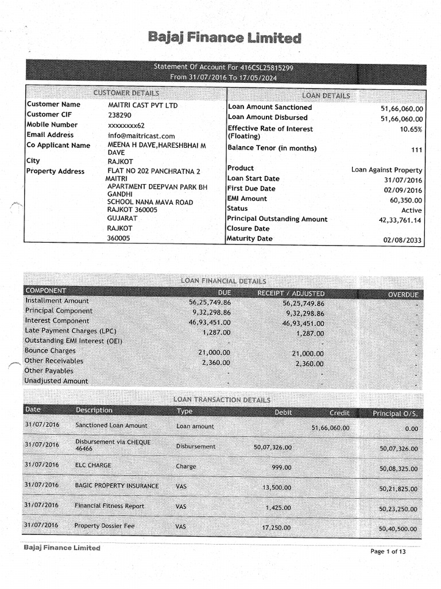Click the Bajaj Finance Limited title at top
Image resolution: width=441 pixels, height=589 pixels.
pyautogui.click(x=225, y=39)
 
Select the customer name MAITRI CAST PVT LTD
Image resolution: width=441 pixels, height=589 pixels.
pyautogui.click(x=143, y=105)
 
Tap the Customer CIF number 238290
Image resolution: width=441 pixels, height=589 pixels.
pyautogui.click(x=119, y=115)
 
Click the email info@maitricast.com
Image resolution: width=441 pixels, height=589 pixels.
pyautogui.click(x=141, y=136)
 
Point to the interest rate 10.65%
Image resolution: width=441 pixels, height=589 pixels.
pyautogui.click(x=411, y=129)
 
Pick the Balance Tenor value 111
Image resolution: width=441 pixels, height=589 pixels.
pyautogui.click(x=416, y=150)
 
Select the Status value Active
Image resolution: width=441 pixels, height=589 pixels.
pyautogui.click(x=411, y=211)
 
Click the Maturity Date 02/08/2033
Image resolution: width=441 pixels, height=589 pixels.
pyautogui.click(x=403, y=240)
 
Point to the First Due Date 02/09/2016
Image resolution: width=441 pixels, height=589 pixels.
pyautogui.click(x=403, y=190)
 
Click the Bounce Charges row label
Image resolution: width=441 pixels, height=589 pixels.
pyautogui.click(x=50, y=351)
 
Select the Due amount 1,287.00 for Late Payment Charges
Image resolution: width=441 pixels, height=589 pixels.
pyautogui.click(x=216, y=332)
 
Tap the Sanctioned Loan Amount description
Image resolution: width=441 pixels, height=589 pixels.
pyautogui.click(x=111, y=426)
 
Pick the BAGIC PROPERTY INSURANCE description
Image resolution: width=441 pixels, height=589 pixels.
pyautogui.click(x=117, y=486)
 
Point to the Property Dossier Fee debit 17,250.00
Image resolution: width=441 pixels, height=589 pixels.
pyautogui.click(x=276, y=527)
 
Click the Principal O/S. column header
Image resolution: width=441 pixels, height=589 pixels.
pyautogui.click(x=395, y=413)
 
